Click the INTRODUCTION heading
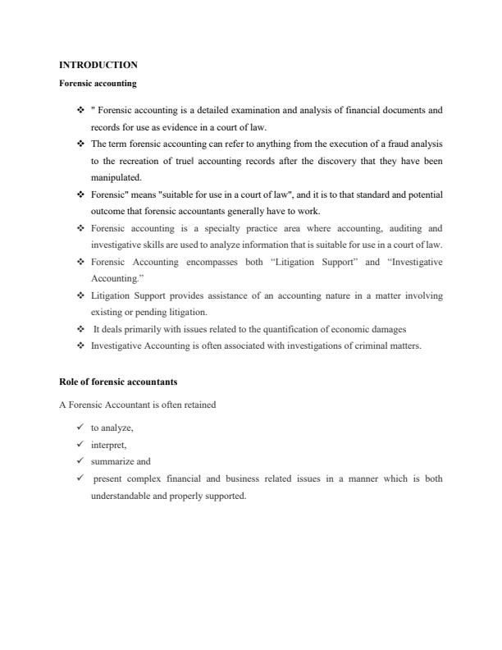98,65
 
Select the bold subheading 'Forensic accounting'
98,83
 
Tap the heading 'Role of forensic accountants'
118,382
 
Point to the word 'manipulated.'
116,176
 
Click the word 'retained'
198,405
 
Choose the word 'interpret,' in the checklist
108,445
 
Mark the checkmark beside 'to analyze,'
80,428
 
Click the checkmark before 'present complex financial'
80,478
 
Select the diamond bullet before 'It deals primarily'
80,329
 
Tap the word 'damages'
389,329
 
